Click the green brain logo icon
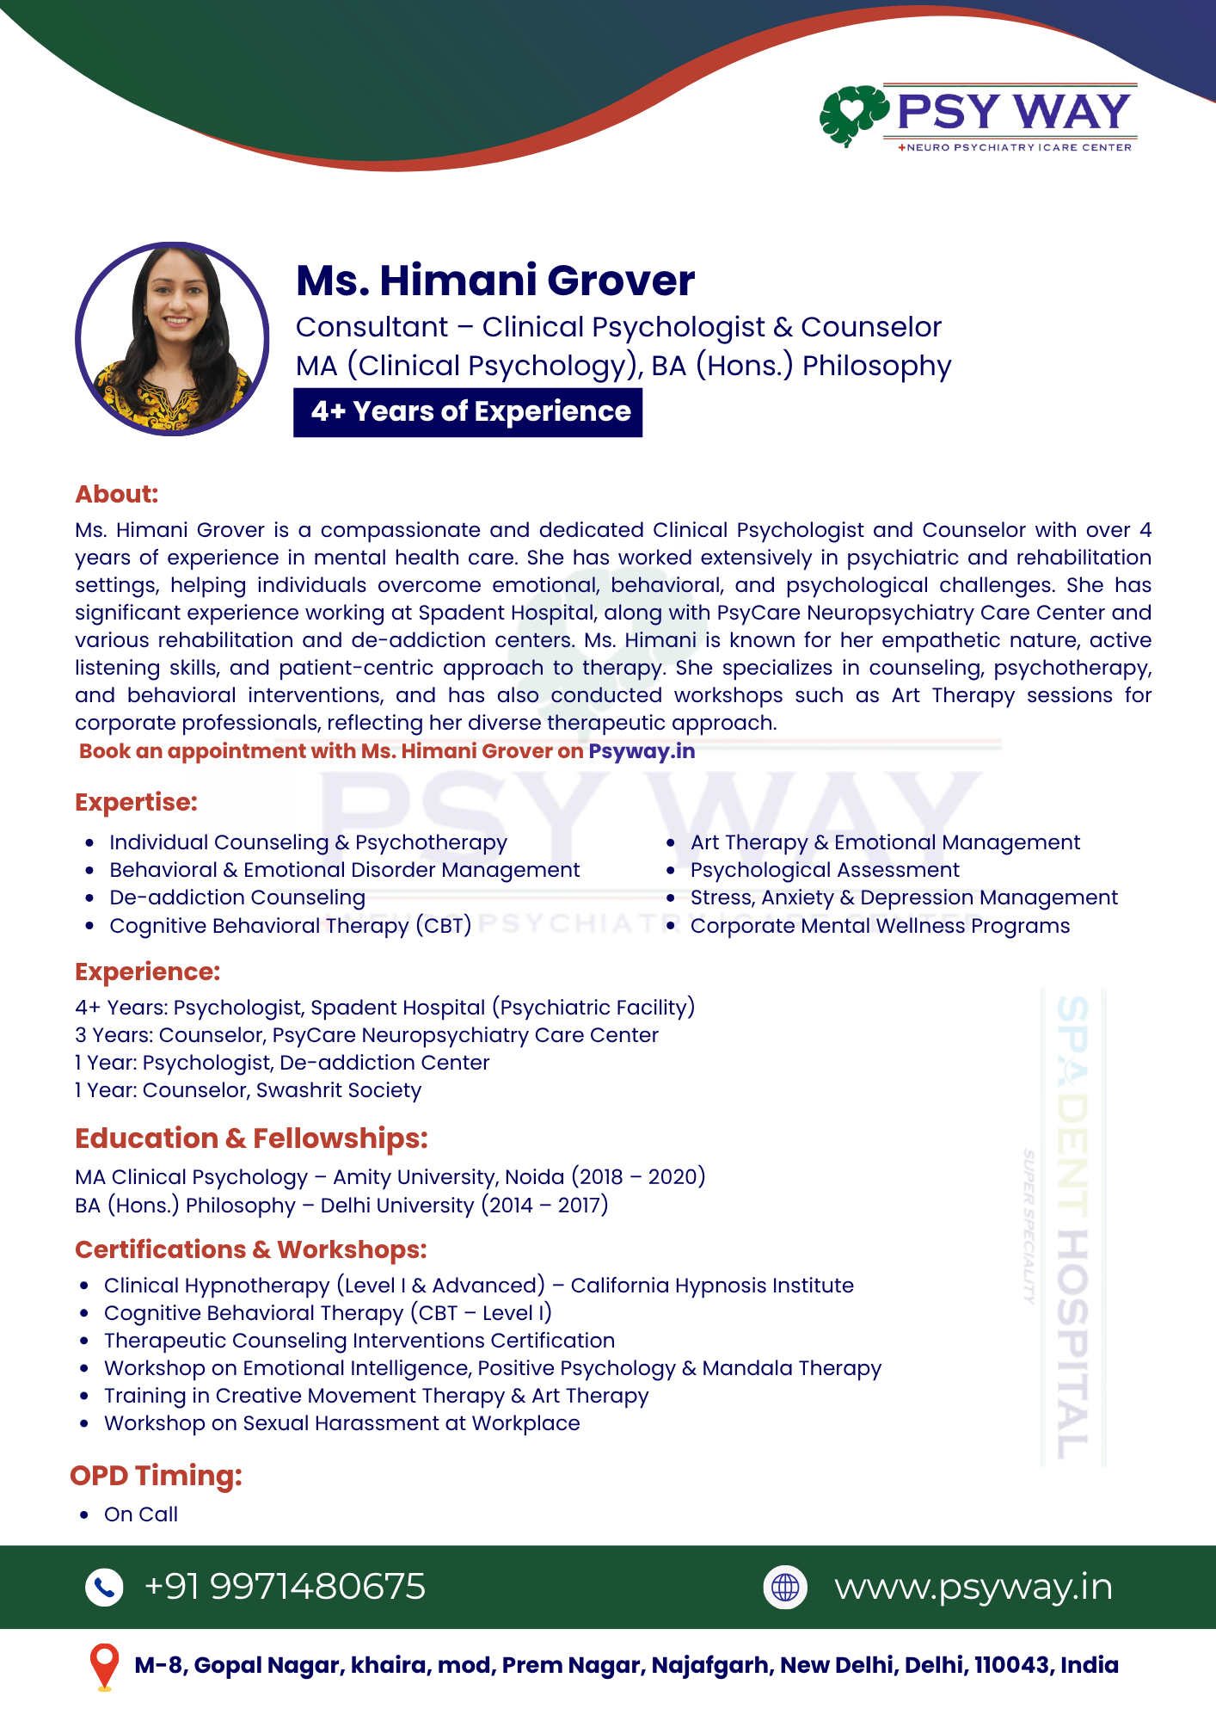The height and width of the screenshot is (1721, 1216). pos(852,114)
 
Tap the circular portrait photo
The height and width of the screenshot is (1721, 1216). pos(173,339)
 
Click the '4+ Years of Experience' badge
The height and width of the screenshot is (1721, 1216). pos(469,412)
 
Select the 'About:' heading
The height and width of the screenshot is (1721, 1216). pos(117,494)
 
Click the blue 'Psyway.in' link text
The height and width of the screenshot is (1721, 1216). pos(642,751)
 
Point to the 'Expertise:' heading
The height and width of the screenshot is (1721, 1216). pos(136,802)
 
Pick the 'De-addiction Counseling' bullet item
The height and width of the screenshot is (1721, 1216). pos(237,898)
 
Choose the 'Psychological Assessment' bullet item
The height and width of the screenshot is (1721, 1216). pos(825,870)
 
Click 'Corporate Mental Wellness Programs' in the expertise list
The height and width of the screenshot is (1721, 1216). pos(880,926)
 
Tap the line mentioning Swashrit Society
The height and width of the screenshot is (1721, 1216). pos(249,1090)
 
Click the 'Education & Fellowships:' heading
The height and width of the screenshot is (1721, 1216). pos(251,1138)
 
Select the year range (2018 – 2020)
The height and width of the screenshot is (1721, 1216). pos(639,1176)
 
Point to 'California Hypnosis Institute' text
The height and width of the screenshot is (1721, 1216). pos(712,1286)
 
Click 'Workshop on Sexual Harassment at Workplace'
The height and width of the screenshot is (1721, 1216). pos(342,1423)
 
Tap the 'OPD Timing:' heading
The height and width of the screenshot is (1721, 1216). pos(156,1476)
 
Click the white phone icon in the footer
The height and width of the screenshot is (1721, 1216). pos(105,1588)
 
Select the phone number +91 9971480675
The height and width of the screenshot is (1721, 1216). pos(285,1587)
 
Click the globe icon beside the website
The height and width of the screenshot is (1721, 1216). pos(785,1588)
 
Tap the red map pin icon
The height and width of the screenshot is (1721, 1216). pos(105,1666)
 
